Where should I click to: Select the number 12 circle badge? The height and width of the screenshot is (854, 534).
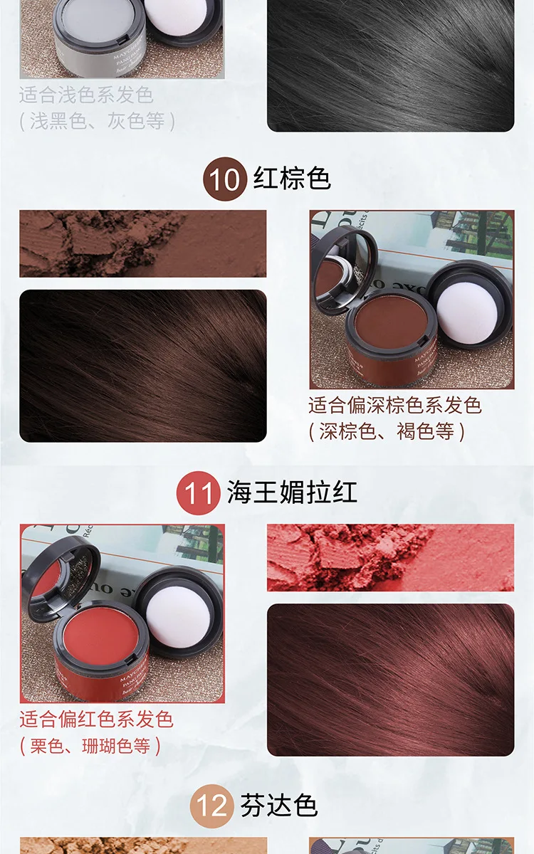[x=210, y=807]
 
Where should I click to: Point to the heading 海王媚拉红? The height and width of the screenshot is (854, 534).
[x=292, y=492]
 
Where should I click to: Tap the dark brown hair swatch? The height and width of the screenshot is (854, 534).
[x=142, y=366]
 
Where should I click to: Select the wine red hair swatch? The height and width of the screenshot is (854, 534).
[x=390, y=680]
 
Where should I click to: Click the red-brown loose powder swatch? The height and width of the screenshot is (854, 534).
[x=142, y=243]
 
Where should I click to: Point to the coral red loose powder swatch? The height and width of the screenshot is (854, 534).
[x=390, y=558]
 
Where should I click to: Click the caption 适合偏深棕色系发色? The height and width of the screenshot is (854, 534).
[x=395, y=406]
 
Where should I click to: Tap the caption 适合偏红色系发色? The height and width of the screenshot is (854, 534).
[x=96, y=719]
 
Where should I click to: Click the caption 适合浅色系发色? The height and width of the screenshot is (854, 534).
[x=86, y=95]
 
